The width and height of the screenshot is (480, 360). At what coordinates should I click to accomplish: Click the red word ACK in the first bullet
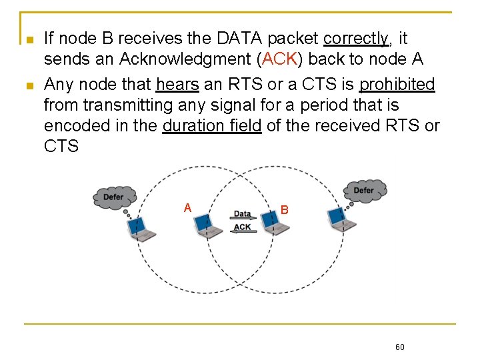click(279, 59)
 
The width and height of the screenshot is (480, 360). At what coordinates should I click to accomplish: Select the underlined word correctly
click(356, 38)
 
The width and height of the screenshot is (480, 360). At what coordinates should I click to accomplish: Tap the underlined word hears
click(177, 84)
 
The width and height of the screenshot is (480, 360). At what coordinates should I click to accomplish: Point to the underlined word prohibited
click(397, 84)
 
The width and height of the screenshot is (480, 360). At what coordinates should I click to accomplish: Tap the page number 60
click(400, 347)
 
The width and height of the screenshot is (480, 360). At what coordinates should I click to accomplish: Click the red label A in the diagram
click(188, 207)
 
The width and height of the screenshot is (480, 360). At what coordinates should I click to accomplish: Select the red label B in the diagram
click(284, 209)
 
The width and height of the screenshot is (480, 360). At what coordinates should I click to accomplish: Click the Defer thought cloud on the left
click(114, 197)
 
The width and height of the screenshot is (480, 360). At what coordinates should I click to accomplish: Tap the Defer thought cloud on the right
click(364, 191)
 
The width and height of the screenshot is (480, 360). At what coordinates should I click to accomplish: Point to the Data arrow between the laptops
click(243, 214)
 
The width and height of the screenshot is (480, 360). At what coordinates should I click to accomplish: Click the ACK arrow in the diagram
click(243, 227)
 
